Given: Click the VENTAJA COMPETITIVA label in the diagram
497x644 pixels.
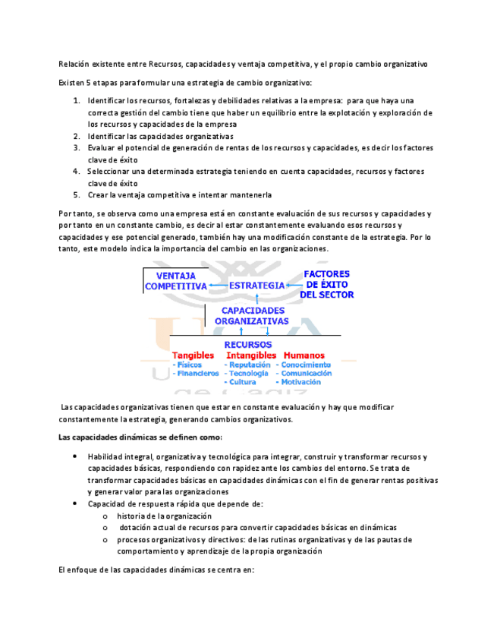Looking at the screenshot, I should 175,280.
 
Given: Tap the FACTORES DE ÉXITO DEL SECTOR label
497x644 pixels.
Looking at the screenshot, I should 326,283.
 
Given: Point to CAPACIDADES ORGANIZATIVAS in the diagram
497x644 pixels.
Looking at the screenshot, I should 251,315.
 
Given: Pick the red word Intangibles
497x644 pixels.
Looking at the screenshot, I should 250,355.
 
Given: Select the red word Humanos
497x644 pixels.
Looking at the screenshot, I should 304,355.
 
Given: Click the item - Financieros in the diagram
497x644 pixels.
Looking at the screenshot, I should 196,374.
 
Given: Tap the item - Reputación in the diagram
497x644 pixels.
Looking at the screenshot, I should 246,365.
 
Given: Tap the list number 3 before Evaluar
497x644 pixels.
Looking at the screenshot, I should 77,148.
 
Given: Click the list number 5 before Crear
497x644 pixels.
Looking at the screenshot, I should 77,195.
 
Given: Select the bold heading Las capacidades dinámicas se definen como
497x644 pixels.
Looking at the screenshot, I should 140,437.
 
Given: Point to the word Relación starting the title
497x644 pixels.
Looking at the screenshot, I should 74,64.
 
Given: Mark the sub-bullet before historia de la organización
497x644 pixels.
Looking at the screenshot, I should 105,516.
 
